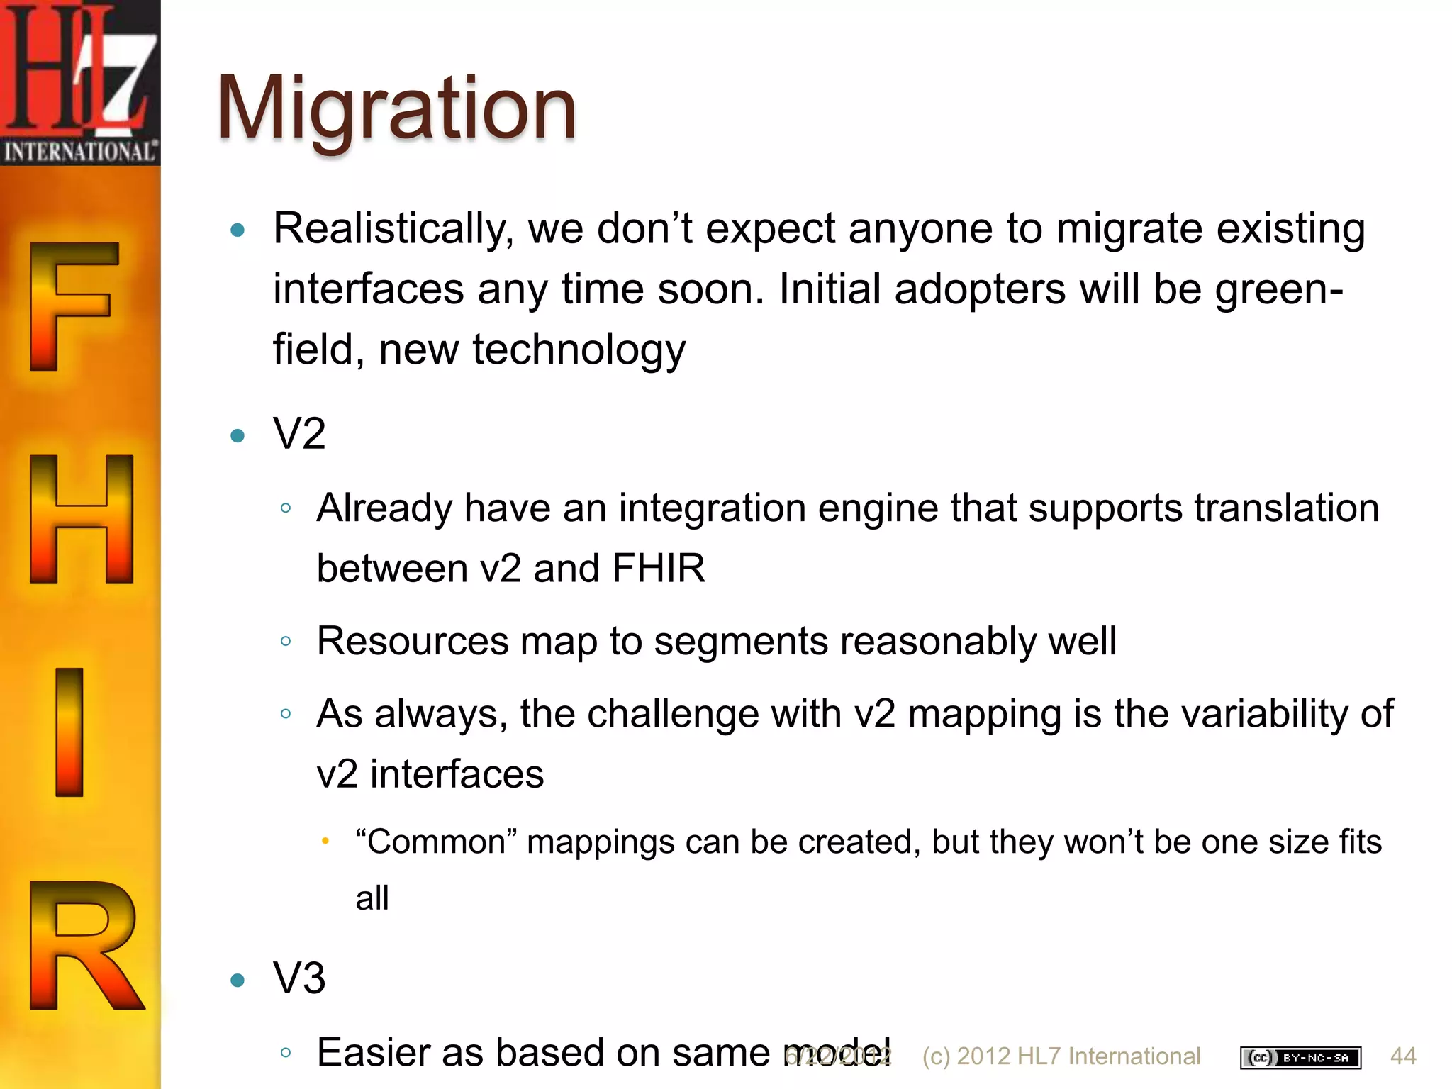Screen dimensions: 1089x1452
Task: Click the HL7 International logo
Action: tap(79, 82)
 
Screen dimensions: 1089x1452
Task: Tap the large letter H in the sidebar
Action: tap(82, 519)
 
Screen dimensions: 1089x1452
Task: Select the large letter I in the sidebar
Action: tap(69, 732)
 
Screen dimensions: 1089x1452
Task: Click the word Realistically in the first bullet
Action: tap(394, 229)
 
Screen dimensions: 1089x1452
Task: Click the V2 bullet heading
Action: tap(299, 433)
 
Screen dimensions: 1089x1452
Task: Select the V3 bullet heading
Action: tap(299, 978)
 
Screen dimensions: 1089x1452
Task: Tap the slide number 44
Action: tap(1403, 1056)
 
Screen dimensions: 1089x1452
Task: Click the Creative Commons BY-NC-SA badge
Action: tap(1300, 1057)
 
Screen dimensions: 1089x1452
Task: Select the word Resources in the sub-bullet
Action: tap(413, 641)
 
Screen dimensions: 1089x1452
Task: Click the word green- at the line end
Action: tap(1279, 289)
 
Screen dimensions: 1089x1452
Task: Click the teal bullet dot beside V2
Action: tap(238, 435)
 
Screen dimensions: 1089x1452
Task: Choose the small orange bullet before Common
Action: tap(325, 841)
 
